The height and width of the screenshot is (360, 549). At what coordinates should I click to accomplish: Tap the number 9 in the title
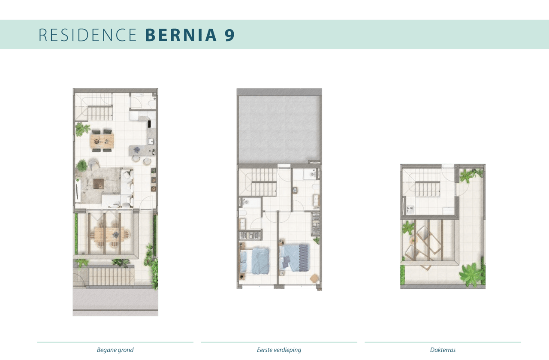[229, 35]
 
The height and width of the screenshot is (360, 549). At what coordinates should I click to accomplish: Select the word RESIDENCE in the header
[87, 35]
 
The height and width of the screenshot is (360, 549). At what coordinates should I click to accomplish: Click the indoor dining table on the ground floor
[102, 141]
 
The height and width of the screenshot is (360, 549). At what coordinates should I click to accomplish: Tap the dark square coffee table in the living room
[99, 184]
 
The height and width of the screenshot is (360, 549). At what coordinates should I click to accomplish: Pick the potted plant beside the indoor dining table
[82, 129]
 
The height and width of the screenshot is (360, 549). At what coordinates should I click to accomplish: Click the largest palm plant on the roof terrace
[471, 274]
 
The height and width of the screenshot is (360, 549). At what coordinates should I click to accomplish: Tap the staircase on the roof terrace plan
[428, 189]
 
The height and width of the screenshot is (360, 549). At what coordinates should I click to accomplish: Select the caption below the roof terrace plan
[443, 350]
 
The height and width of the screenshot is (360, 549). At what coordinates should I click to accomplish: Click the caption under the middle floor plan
[279, 350]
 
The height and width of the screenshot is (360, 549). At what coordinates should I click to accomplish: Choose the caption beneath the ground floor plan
[115, 350]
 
